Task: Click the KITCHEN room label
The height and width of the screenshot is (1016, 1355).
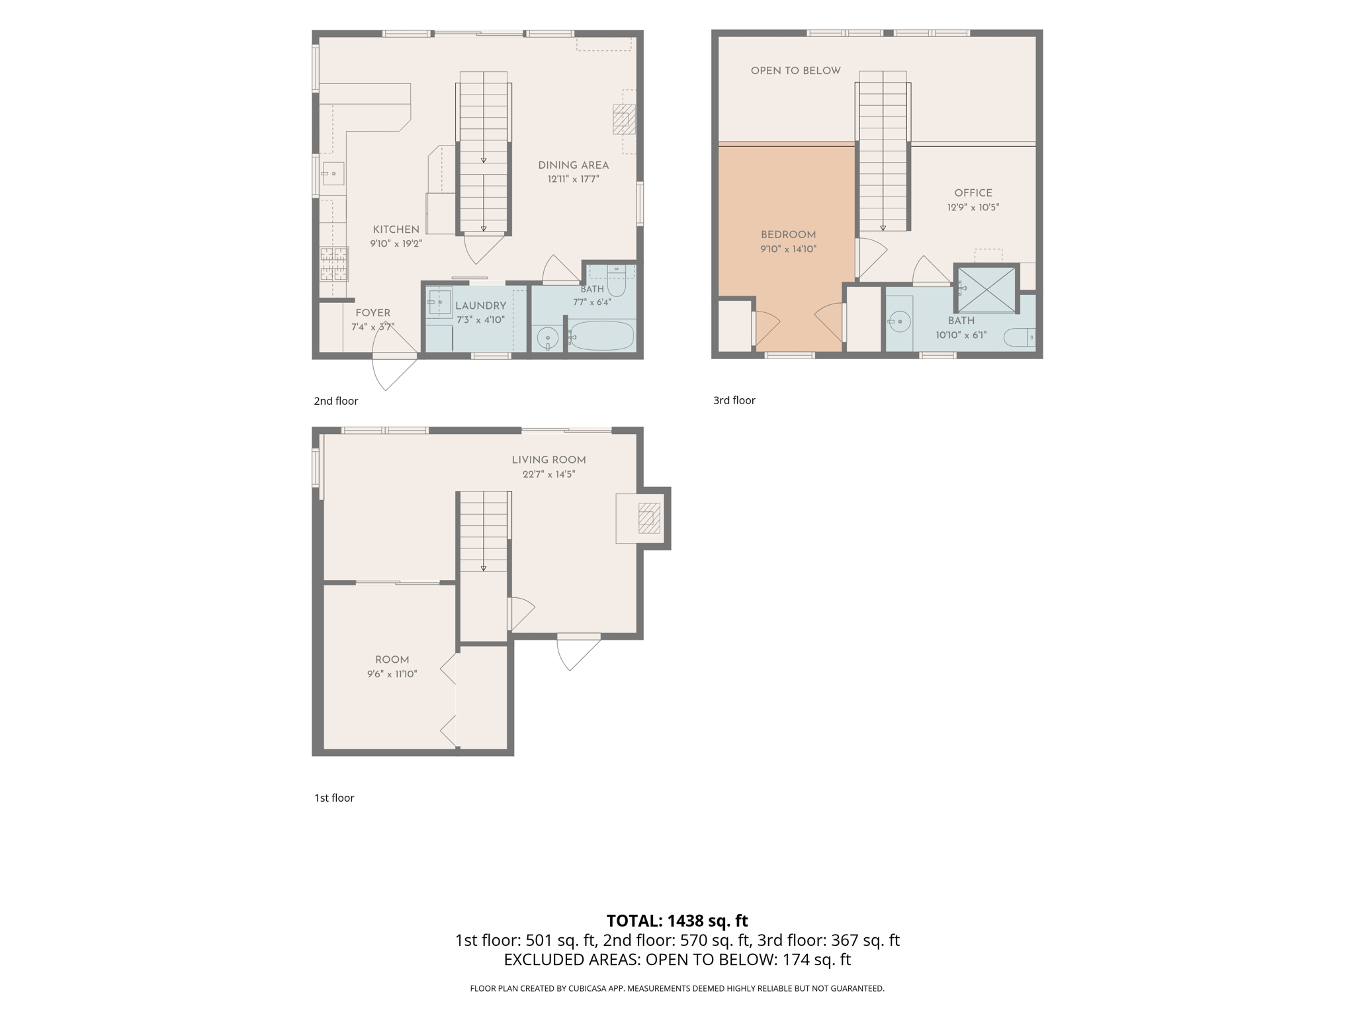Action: [x=396, y=230]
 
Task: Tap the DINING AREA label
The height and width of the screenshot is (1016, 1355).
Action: [x=573, y=165]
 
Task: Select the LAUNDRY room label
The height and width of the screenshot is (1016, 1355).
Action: [x=480, y=306]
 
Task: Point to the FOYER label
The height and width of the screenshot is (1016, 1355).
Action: [x=372, y=313]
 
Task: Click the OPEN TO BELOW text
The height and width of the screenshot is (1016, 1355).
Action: [x=795, y=71]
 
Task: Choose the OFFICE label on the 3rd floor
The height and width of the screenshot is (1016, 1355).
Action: [x=973, y=193]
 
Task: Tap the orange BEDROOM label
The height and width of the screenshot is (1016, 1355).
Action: [x=788, y=235]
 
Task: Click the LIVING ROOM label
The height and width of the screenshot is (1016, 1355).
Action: [x=548, y=460]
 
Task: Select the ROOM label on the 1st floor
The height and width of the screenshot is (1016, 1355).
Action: [x=392, y=659]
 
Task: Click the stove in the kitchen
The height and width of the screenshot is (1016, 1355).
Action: [x=334, y=264]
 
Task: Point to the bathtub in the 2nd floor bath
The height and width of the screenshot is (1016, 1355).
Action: [x=601, y=336]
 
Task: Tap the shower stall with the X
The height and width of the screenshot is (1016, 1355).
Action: [x=986, y=288]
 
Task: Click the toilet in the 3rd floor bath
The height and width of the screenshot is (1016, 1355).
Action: [x=1019, y=337]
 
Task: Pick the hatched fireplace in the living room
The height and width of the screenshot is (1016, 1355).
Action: [x=649, y=518]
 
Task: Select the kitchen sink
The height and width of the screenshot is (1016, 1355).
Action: [x=333, y=174]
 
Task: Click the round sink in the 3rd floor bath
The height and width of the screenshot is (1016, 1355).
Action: [x=900, y=322]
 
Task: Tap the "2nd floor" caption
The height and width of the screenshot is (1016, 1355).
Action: [x=336, y=401]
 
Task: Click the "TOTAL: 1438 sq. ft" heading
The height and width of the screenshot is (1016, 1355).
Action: [x=677, y=921]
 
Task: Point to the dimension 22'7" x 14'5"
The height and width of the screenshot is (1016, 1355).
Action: [x=548, y=474]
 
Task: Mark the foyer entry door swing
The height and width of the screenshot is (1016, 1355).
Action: [x=395, y=358]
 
